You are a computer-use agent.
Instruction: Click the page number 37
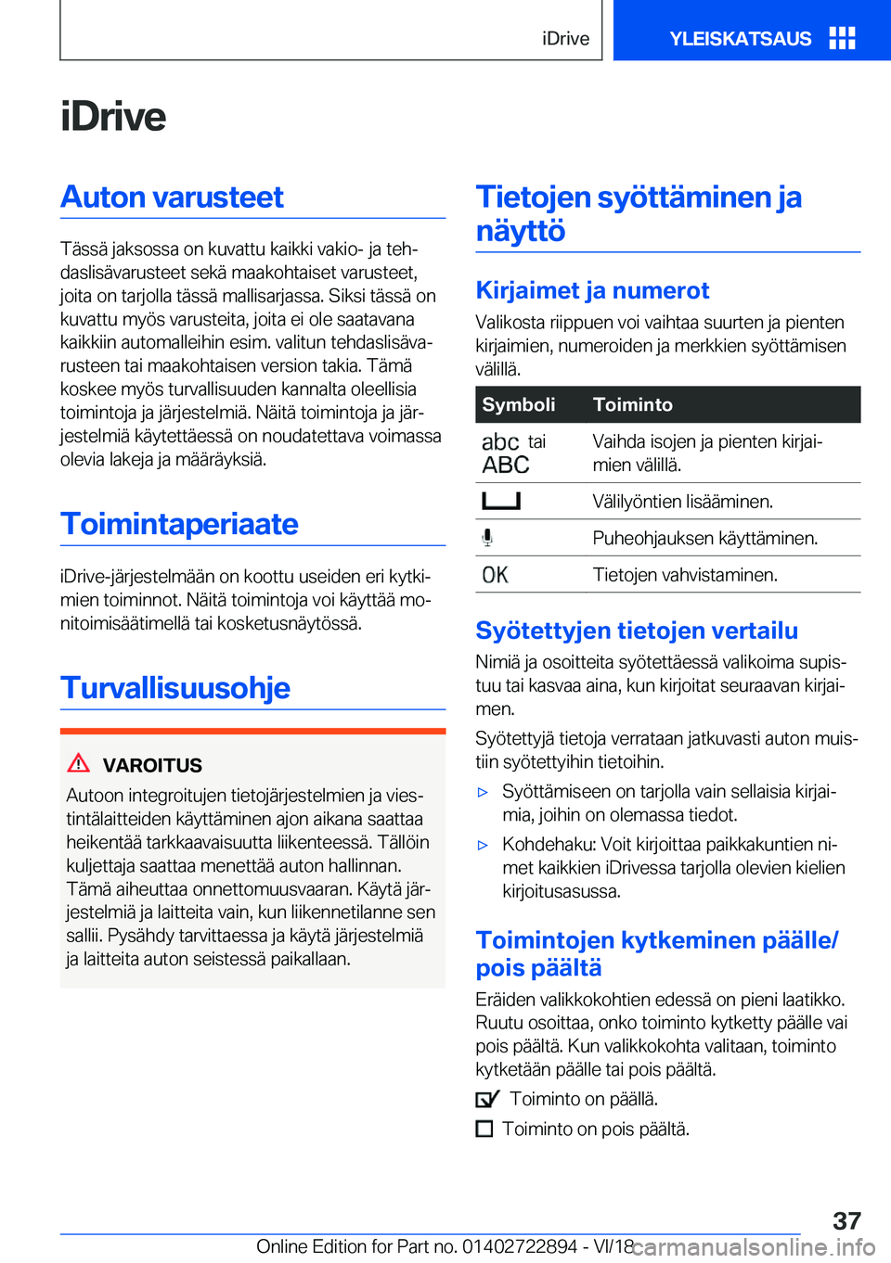click(x=846, y=1220)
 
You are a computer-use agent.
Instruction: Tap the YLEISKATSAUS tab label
click(x=740, y=39)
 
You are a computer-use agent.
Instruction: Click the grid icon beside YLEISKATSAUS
click(x=842, y=38)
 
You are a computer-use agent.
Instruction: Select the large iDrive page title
click(x=113, y=117)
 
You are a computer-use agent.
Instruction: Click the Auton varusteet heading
click(x=173, y=197)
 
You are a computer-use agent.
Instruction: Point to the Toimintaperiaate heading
click(x=180, y=524)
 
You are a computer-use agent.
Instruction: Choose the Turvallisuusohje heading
click(x=175, y=688)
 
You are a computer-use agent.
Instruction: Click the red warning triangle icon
click(x=79, y=763)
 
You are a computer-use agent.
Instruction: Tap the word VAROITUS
click(x=152, y=766)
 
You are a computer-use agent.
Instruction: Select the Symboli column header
click(x=519, y=404)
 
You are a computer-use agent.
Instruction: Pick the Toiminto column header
click(x=633, y=404)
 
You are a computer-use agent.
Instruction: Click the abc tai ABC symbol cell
click(x=512, y=453)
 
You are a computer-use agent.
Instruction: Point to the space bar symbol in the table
click(x=501, y=502)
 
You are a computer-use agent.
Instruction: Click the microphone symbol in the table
click(x=487, y=538)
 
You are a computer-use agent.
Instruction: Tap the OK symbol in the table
click(x=496, y=575)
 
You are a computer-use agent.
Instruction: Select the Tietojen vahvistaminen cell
click(x=685, y=575)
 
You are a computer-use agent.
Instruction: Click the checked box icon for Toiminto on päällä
click(x=487, y=1099)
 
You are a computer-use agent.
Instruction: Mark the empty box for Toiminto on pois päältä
click(x=484, y=1129)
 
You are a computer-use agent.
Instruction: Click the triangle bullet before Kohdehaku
click(x=483, y=845)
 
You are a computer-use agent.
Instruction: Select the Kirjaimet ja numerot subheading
click(x=592, y=291)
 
